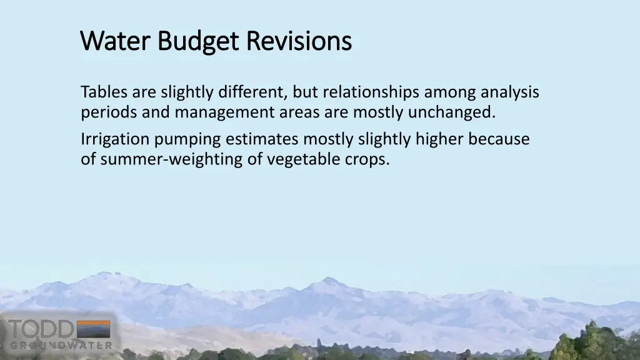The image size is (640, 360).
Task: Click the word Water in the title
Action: click(x=116, y=41)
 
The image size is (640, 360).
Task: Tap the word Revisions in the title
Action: click(x=298, y=41)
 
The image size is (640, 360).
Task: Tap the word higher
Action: click(x=433, y=139)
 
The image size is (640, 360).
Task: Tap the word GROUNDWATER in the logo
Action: click(x=61, y=345)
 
